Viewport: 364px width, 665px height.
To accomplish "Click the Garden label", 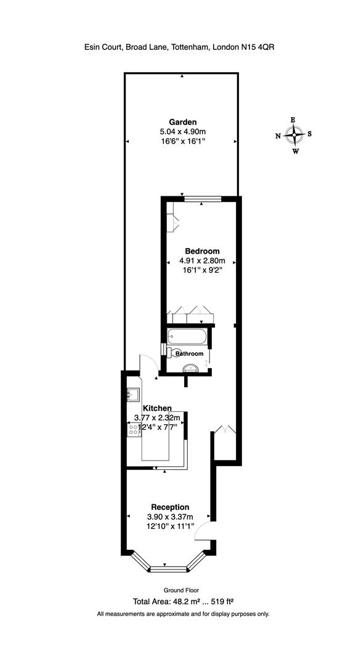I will [x=182, y=121].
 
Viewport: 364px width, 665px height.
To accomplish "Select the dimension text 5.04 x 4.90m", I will [x=182, y=131].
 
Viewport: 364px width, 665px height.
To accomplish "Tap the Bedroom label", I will [x=203, y=251].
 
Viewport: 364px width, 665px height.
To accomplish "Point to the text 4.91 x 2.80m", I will [x=203, y=260].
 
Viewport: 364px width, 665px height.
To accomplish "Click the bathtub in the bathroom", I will [x=187, y=336].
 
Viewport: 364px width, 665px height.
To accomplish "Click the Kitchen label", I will [x=157, y=408].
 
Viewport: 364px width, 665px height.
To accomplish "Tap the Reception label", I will [x=170, y=507].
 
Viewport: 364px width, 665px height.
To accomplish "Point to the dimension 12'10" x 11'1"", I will [x=170, y=526].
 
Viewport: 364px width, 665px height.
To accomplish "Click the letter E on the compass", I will [x=294, y=120].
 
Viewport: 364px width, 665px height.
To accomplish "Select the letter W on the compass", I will [x=296, y=151].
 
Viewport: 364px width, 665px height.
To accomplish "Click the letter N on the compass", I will [x=278, y=135].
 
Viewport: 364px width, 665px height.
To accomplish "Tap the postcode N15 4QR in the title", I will [x=253, y=46].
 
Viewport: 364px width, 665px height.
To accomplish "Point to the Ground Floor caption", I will [x=181, y=590].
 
